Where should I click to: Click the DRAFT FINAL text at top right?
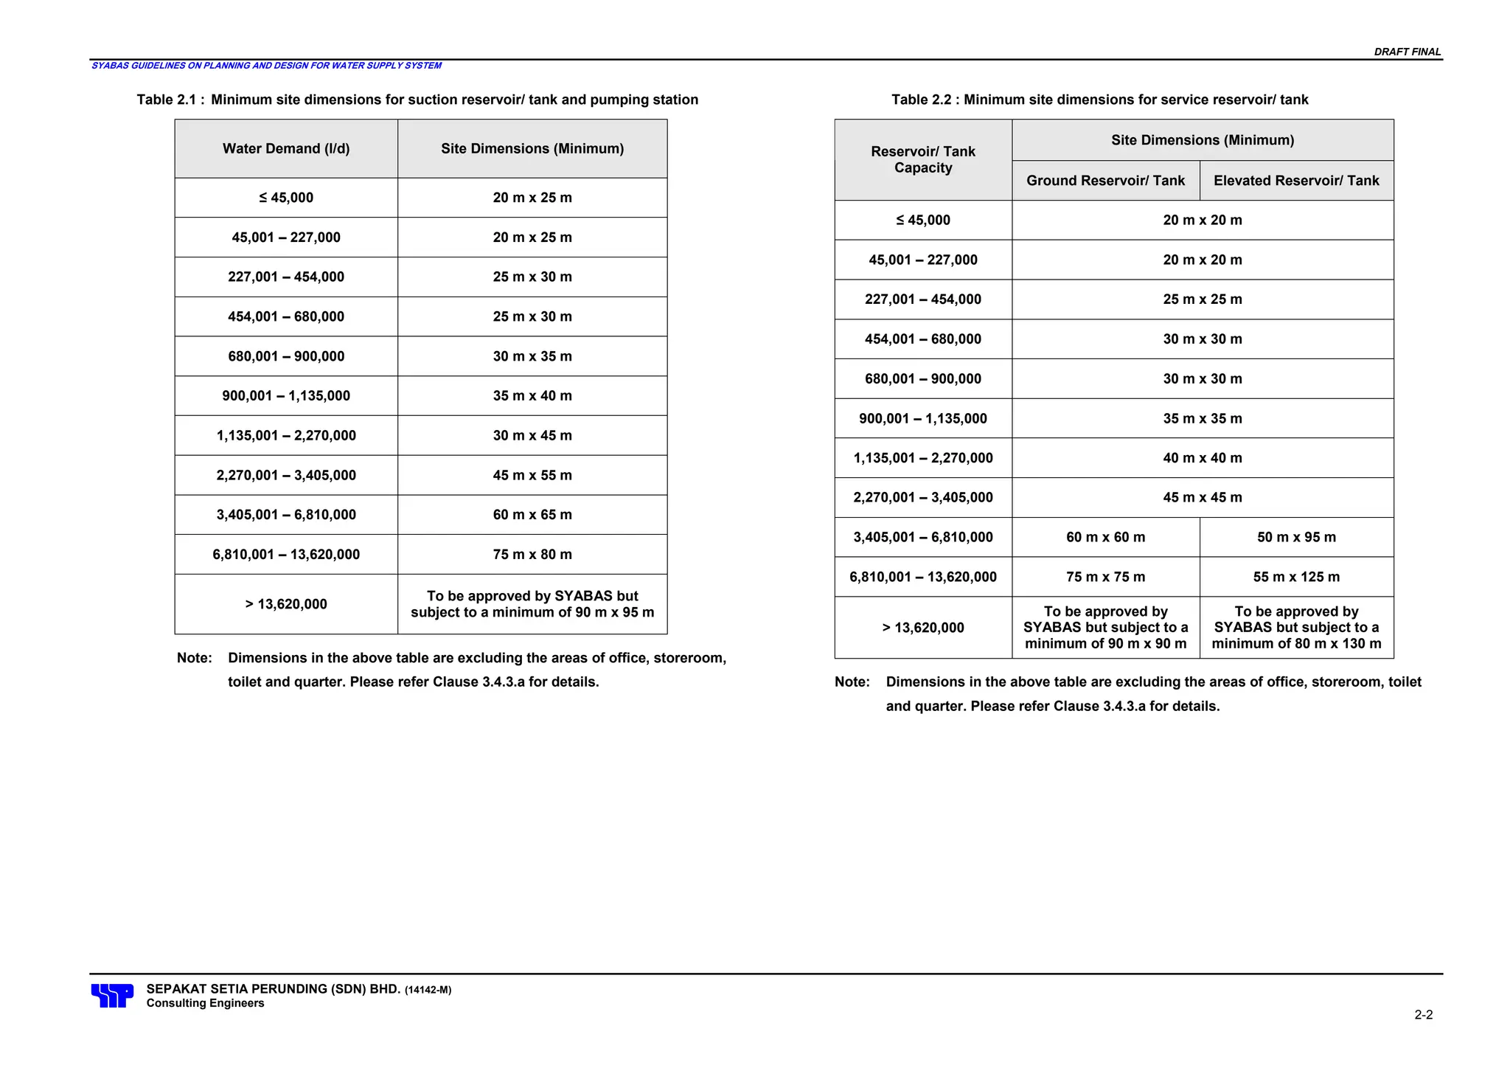1407,52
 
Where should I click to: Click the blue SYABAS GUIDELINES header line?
266,66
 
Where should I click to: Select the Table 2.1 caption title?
417,100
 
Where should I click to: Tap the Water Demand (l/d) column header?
286,149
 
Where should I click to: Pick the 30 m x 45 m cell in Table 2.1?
532,436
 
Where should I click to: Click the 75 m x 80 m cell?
532,555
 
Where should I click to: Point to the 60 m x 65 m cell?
532,515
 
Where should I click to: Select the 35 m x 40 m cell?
532,396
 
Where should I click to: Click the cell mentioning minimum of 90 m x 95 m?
532,604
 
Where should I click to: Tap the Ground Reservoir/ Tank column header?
1105,181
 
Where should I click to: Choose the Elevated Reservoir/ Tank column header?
1296,181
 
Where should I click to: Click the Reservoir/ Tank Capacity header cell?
922,159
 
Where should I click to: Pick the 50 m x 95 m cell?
1296,537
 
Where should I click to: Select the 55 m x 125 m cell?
1296,577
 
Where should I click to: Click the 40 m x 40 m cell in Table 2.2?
1203,458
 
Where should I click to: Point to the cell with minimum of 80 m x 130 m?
1296,628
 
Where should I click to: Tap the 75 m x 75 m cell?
1105,577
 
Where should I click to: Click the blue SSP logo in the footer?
112,995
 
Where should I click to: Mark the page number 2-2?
1423,1015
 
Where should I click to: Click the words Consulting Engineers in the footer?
205,1003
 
